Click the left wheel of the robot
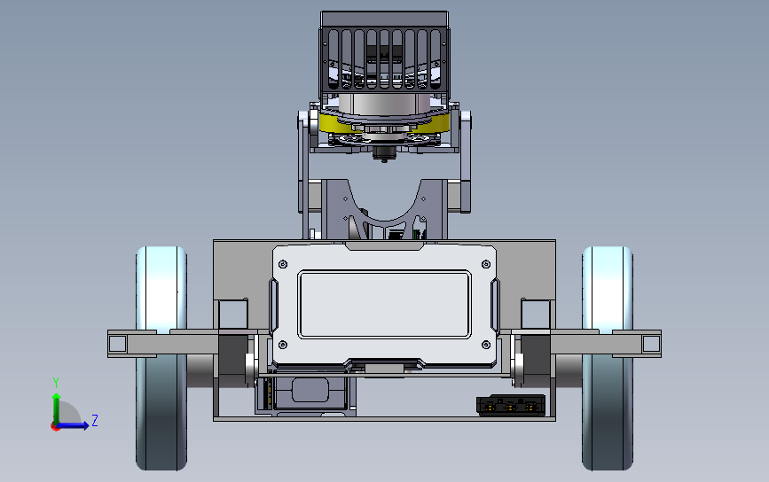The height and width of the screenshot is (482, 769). coord(161,358)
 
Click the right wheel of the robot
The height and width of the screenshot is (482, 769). coord(608,358)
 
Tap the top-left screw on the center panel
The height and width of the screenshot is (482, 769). coord(283,265)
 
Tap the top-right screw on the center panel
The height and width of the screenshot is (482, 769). coord(486,265)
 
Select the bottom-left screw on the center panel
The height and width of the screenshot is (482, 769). coord(283,345)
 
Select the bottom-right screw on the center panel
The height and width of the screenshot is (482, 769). coord(486,345)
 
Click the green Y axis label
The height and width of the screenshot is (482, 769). coord(56,382)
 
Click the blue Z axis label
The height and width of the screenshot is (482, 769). coord(95,420)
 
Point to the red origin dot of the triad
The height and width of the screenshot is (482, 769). coord(55,427)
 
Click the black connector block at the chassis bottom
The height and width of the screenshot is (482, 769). coord(511,406)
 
